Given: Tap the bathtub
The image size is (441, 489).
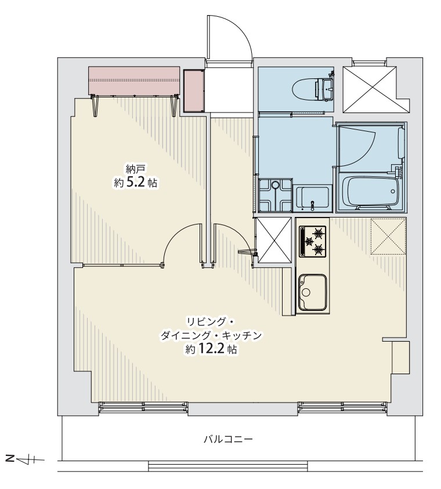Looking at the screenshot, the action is coord(370,191).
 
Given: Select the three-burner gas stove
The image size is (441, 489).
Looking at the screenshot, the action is coord(313,241).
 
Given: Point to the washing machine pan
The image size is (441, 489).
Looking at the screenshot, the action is coord(275,195).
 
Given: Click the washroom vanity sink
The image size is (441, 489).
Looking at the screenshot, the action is coord(313,199).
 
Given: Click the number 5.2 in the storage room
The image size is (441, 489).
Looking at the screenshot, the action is coord(136,183).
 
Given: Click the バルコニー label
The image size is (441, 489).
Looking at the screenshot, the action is coord(228,440).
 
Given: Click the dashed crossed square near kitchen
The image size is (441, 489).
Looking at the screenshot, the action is coord(388,237).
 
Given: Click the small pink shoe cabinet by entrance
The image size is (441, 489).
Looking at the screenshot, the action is coord(194,90).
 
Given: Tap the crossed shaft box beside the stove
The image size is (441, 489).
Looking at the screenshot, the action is coord(274,240).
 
